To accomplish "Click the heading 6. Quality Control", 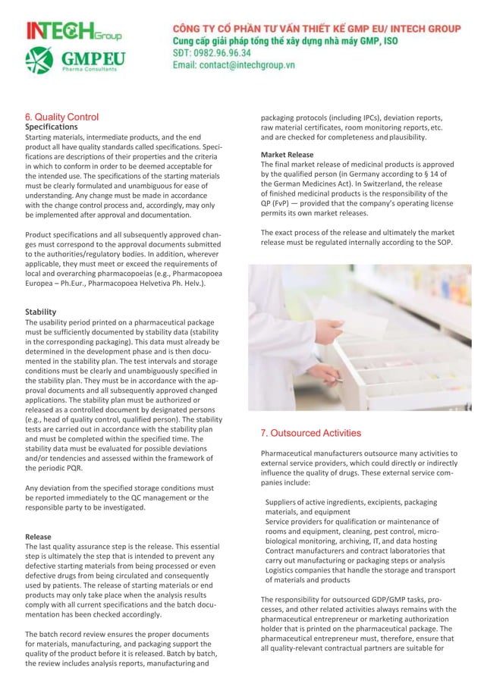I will coord(61,117).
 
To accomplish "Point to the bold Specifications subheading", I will coord(58,127).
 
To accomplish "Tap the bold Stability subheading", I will coord(41,312).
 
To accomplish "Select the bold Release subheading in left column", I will coord(39,537).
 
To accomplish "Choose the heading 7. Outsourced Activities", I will coord(310,433).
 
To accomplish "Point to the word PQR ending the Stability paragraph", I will coord(74,468).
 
